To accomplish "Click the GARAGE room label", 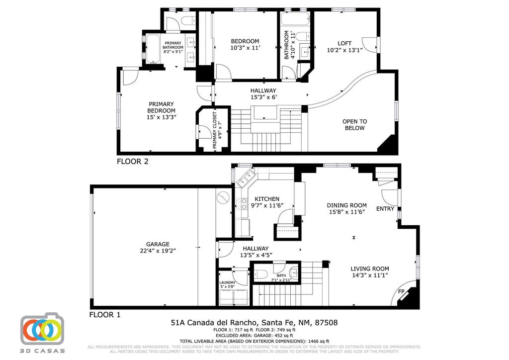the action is click(x=158, y=244).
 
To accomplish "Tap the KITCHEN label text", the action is click(x=267, y=199).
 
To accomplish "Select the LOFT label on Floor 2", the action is click(x=344, y=43).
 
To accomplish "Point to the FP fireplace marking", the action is click(x=402, y=291).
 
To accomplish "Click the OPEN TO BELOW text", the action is click(x=354, y=125).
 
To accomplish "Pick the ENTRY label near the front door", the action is click(x=385, y=209).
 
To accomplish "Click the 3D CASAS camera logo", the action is click(x=42, y=329).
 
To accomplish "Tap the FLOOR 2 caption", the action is click(x=132, y=161).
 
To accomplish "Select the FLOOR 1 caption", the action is click(x=105, y=315).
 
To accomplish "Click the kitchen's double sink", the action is click(x=245, y=178).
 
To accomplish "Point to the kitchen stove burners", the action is click(x=242, y=203).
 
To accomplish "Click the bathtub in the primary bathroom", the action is click(x=152, y=49).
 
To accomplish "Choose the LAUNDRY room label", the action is click(x=227, y=283).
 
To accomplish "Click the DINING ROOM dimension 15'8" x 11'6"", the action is click(x=346, y=212).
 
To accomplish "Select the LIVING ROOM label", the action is click(x=370, y=269).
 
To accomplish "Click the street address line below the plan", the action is click(x=254, y=323).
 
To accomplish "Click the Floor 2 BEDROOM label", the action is click(x=245, y=41).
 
